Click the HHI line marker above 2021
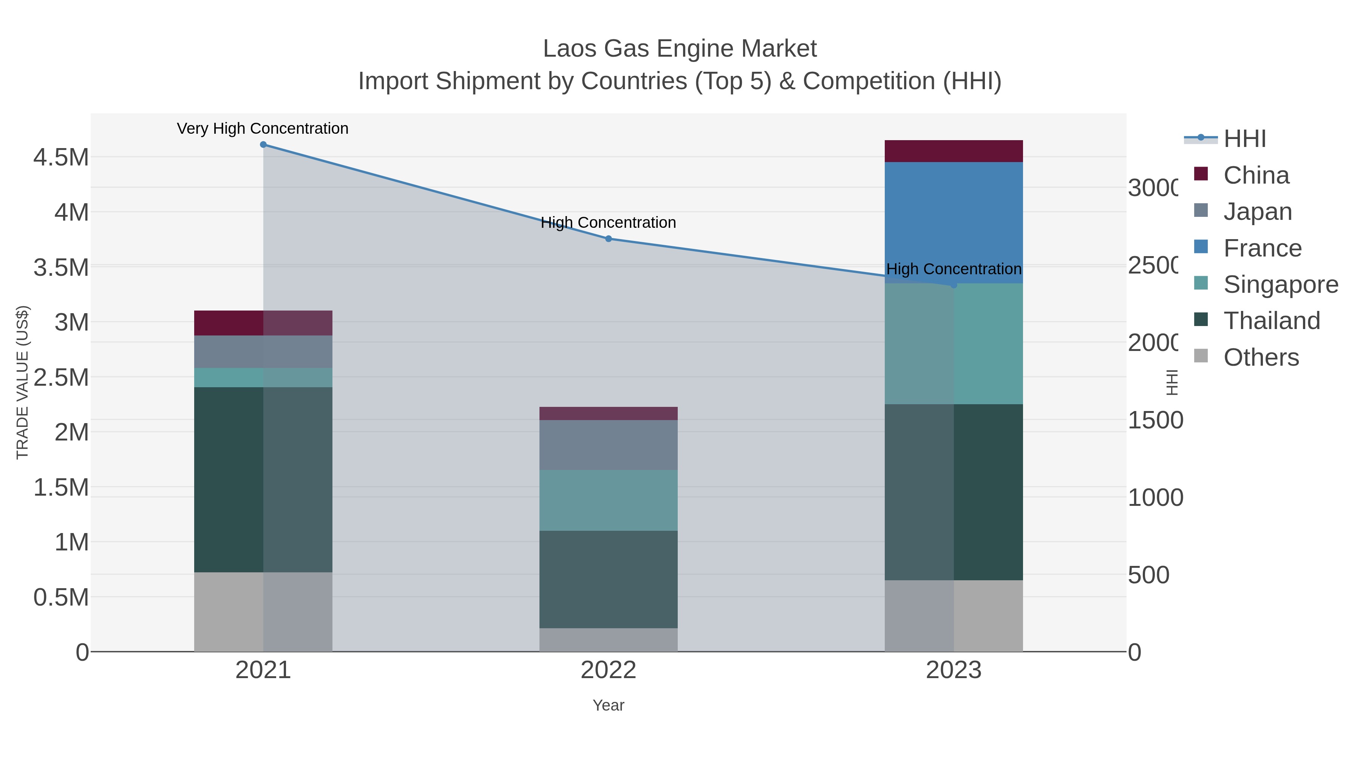263,145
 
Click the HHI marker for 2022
608,239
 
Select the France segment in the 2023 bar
954,222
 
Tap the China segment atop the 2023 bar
954,151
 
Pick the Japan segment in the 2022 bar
608,445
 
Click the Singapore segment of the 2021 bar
263,377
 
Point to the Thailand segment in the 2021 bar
263,479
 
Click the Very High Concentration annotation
263,129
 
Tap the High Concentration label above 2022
608,223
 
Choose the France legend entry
1262,248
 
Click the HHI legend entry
1244,139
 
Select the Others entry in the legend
1260,357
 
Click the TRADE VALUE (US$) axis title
22,382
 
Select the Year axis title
608,705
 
